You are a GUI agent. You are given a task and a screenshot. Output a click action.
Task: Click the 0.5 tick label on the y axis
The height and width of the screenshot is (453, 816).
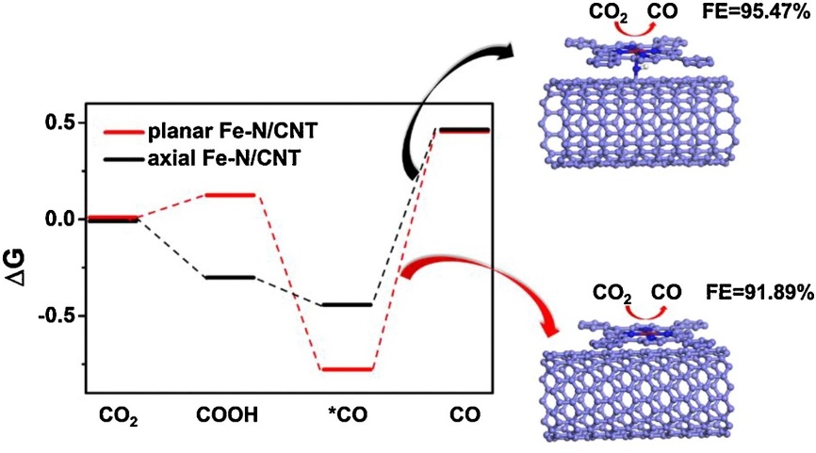click(x=59, y=122)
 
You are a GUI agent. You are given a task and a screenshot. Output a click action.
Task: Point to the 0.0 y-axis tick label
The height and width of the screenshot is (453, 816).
click(x=59, y=218)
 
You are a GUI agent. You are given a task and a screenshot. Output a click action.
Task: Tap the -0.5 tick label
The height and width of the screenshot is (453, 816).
click(x=57, y=315)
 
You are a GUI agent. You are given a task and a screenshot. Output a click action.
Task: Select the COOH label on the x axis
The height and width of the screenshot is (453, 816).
click(x=229, y=415)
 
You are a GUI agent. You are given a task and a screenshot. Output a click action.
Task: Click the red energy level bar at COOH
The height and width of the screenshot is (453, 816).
click(x=230, y=195)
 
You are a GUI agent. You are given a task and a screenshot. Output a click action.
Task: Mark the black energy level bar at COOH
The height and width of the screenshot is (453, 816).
click(x=230, y=278)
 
